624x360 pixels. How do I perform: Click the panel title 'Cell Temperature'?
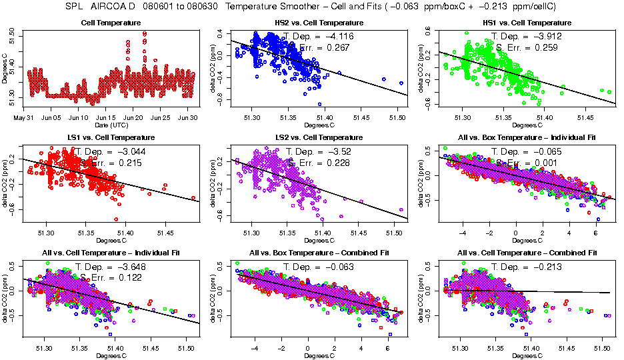point(110,23)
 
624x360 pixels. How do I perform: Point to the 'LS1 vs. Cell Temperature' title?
point(110,137)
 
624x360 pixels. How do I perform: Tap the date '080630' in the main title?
point(206,7)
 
